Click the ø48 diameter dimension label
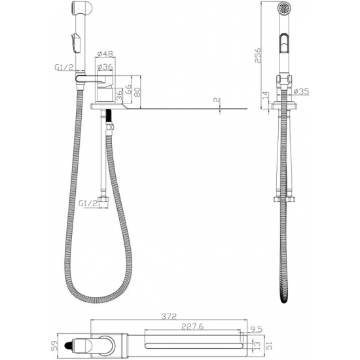(105, 54)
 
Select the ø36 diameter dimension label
(105, 67)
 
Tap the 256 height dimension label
(258, 55)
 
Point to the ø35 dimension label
(302, 92)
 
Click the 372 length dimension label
(169, 317)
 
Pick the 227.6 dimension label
(192, 327)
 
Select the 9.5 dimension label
(256, 330)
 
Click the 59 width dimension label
(53, 345)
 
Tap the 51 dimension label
(269, 346)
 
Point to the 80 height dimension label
(137, 92)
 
